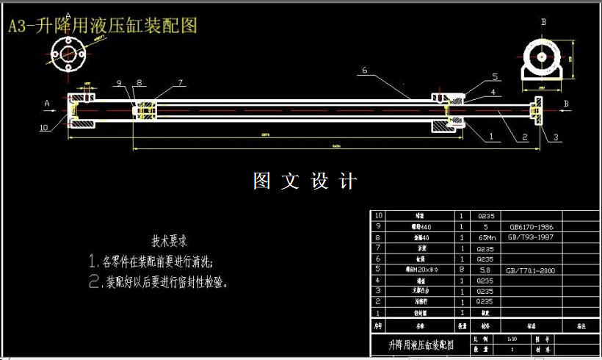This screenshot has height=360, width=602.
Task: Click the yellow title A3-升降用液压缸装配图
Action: [x=102, y=26]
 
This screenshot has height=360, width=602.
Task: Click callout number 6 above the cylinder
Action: [x=363, y=71]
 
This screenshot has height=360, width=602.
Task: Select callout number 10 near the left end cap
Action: [x=44, y=127]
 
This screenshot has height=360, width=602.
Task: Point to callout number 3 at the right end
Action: [x=555, y=137]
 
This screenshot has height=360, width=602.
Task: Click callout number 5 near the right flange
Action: [x=495, y=76]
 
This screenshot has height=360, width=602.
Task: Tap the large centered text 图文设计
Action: [x=304, y=181]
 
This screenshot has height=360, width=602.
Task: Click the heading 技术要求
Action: [x=170, y=241]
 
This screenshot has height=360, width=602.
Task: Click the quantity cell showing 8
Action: [x=461, y=270]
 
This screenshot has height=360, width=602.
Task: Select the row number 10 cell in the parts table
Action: [x=379, y=216]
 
